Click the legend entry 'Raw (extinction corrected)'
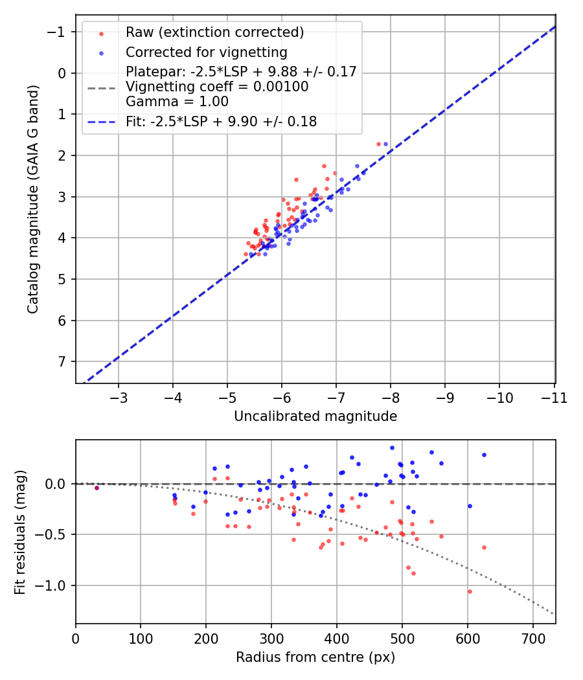214,32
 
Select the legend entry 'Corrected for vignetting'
206,52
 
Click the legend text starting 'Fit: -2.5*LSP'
221,121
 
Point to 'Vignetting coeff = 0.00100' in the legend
217,87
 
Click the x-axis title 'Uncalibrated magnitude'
315,416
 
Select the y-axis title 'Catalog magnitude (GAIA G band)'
33,199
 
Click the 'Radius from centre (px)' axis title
315,657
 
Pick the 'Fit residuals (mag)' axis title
20,532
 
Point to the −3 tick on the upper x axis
119,396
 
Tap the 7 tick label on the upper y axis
62,361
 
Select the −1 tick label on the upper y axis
58,32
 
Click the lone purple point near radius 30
97,488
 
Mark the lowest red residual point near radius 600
470,591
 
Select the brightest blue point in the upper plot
385,144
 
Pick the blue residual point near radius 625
484,455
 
